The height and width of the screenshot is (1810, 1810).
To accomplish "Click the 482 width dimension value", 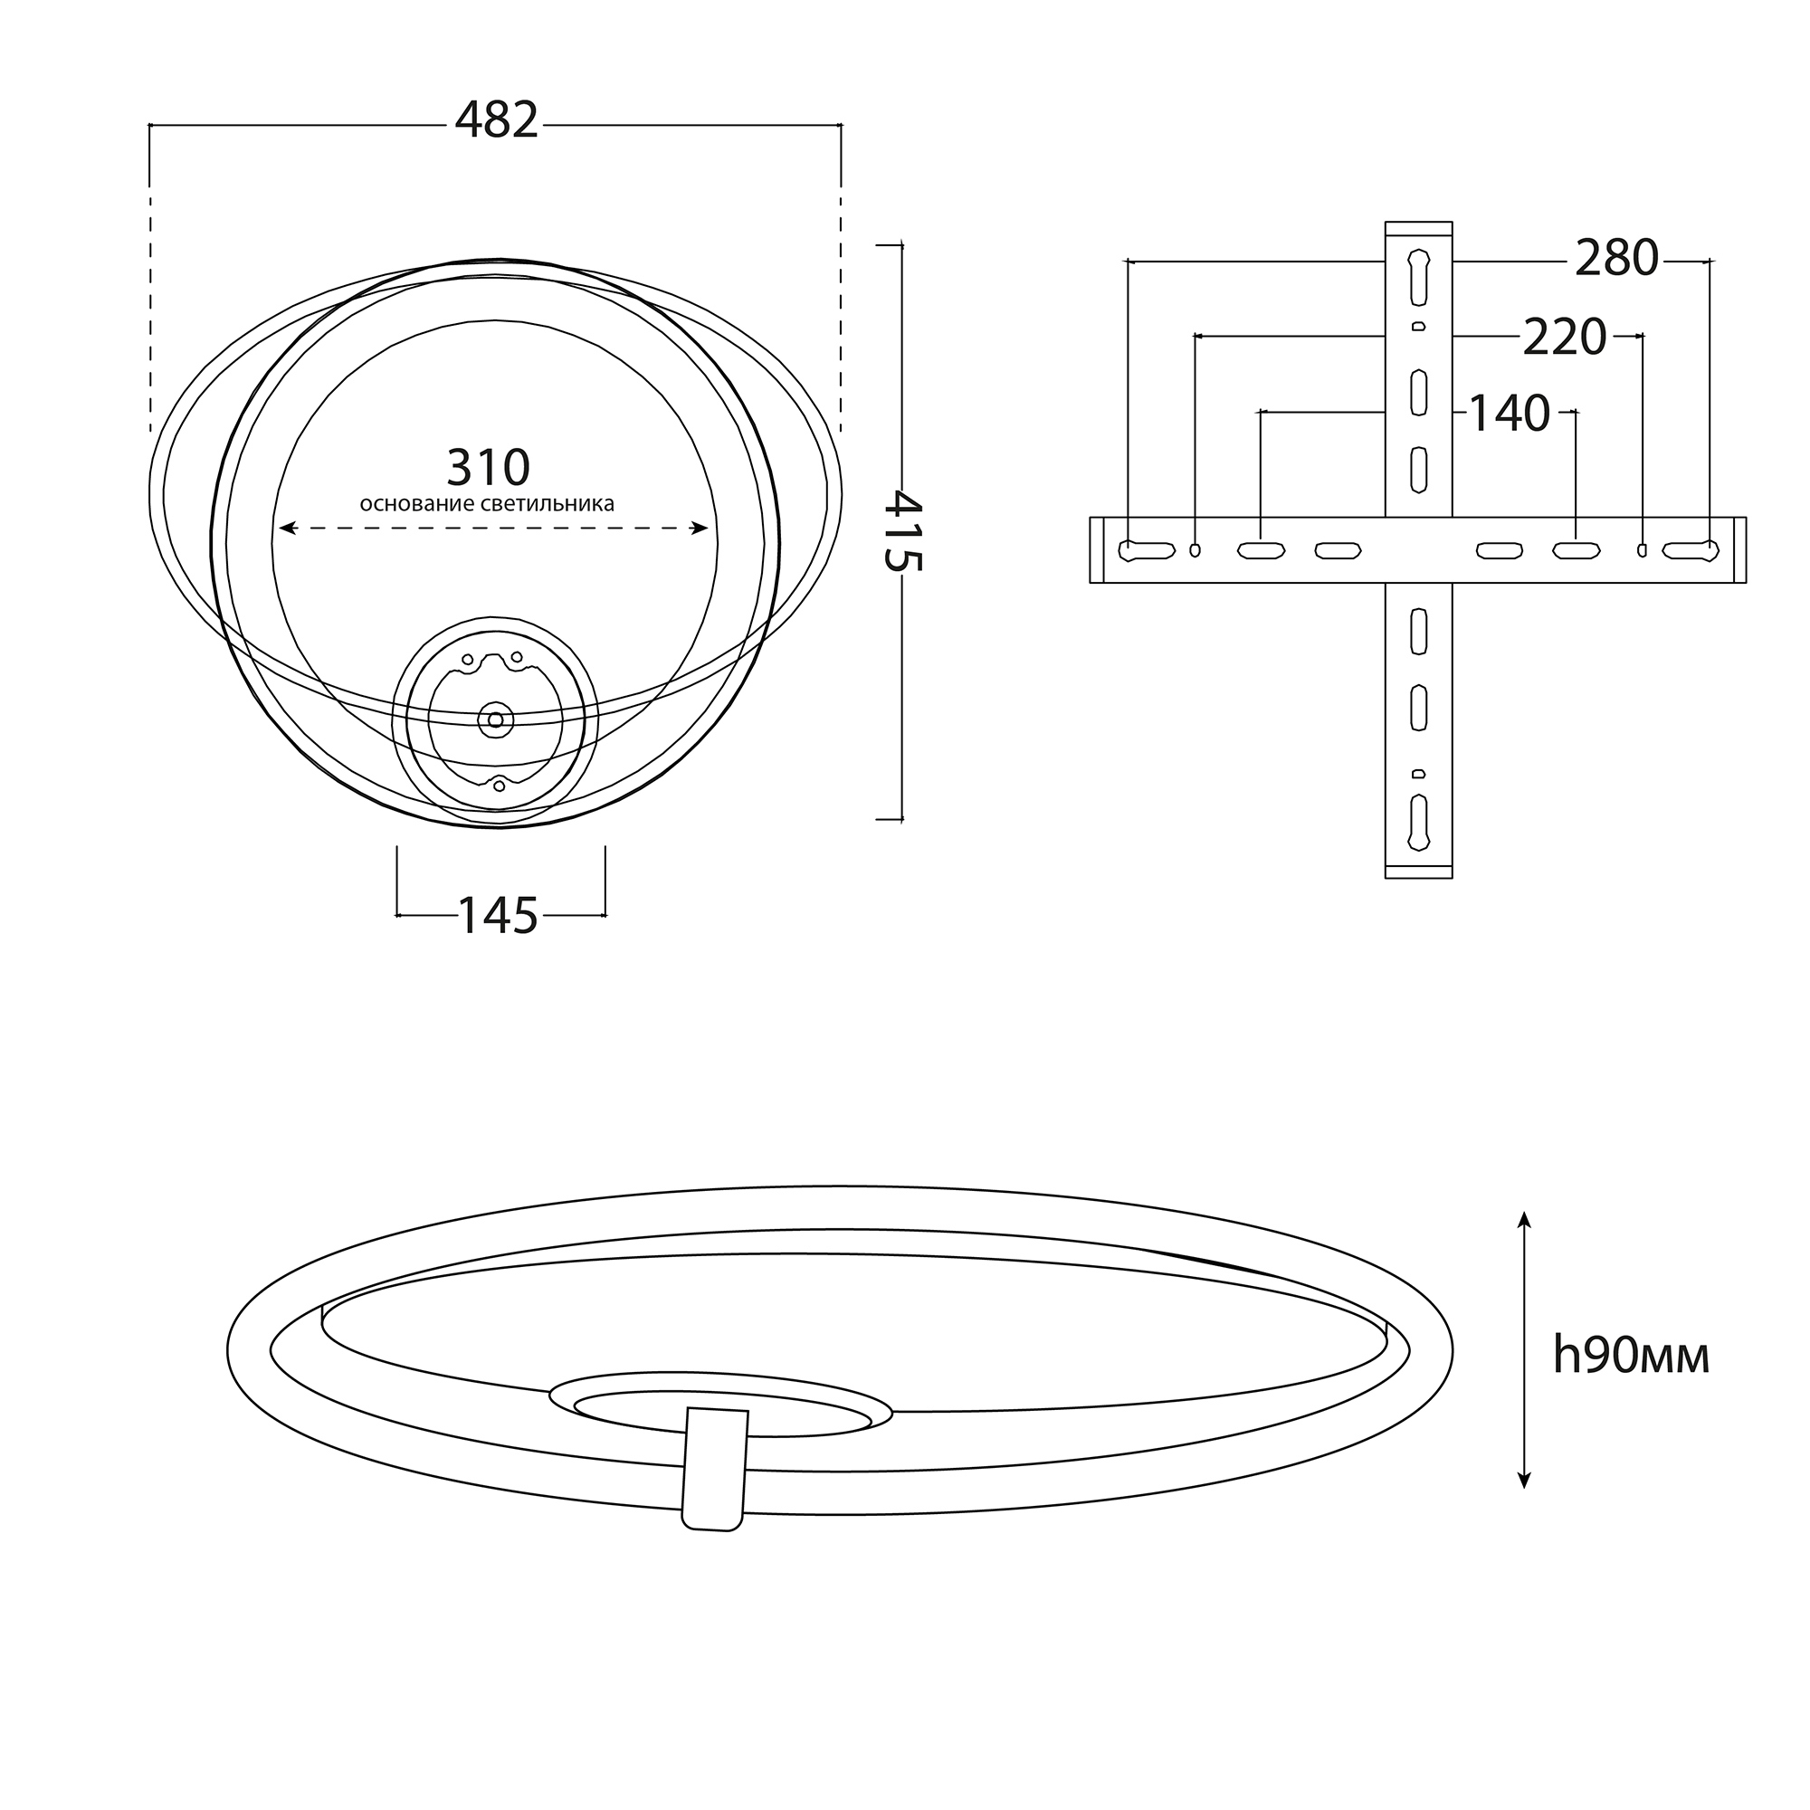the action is (497, 121).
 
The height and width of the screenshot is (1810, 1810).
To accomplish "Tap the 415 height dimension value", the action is (904, 531).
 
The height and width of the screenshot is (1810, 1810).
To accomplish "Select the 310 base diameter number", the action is (488, 468).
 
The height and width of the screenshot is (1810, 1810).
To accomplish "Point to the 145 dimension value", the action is (498, 915).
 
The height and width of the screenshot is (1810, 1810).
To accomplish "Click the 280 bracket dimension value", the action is (1617, 258).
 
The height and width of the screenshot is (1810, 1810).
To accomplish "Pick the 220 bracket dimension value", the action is (1565, 338).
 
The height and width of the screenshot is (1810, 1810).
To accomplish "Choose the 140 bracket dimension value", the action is (1509, 414).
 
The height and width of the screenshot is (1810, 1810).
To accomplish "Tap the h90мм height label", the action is (1631, 1355).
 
